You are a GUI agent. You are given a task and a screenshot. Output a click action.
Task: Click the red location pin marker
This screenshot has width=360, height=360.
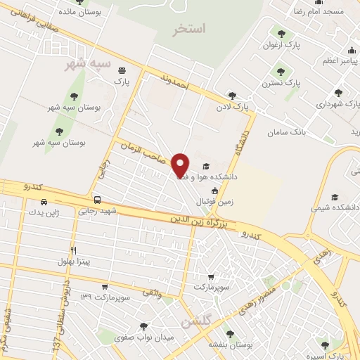tap(181, 165)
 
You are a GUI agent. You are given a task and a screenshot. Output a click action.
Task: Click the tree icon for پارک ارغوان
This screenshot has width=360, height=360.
tap(282, 33)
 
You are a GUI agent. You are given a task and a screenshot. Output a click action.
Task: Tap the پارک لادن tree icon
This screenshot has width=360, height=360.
tap(232, 96)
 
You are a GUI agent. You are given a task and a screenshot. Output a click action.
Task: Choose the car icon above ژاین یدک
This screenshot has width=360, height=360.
tap(43, 202)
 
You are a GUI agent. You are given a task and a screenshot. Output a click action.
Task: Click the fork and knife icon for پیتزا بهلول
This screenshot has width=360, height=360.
tap(73, 251)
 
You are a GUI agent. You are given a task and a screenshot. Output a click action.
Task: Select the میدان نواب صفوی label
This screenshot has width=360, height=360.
tap(155, 337)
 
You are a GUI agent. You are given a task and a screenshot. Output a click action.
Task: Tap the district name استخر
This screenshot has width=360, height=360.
tap(191, 30)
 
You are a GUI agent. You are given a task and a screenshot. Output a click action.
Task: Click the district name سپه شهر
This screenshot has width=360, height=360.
tap(87, 64)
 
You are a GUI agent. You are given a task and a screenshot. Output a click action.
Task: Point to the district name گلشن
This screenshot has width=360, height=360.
tap(195, 323)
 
